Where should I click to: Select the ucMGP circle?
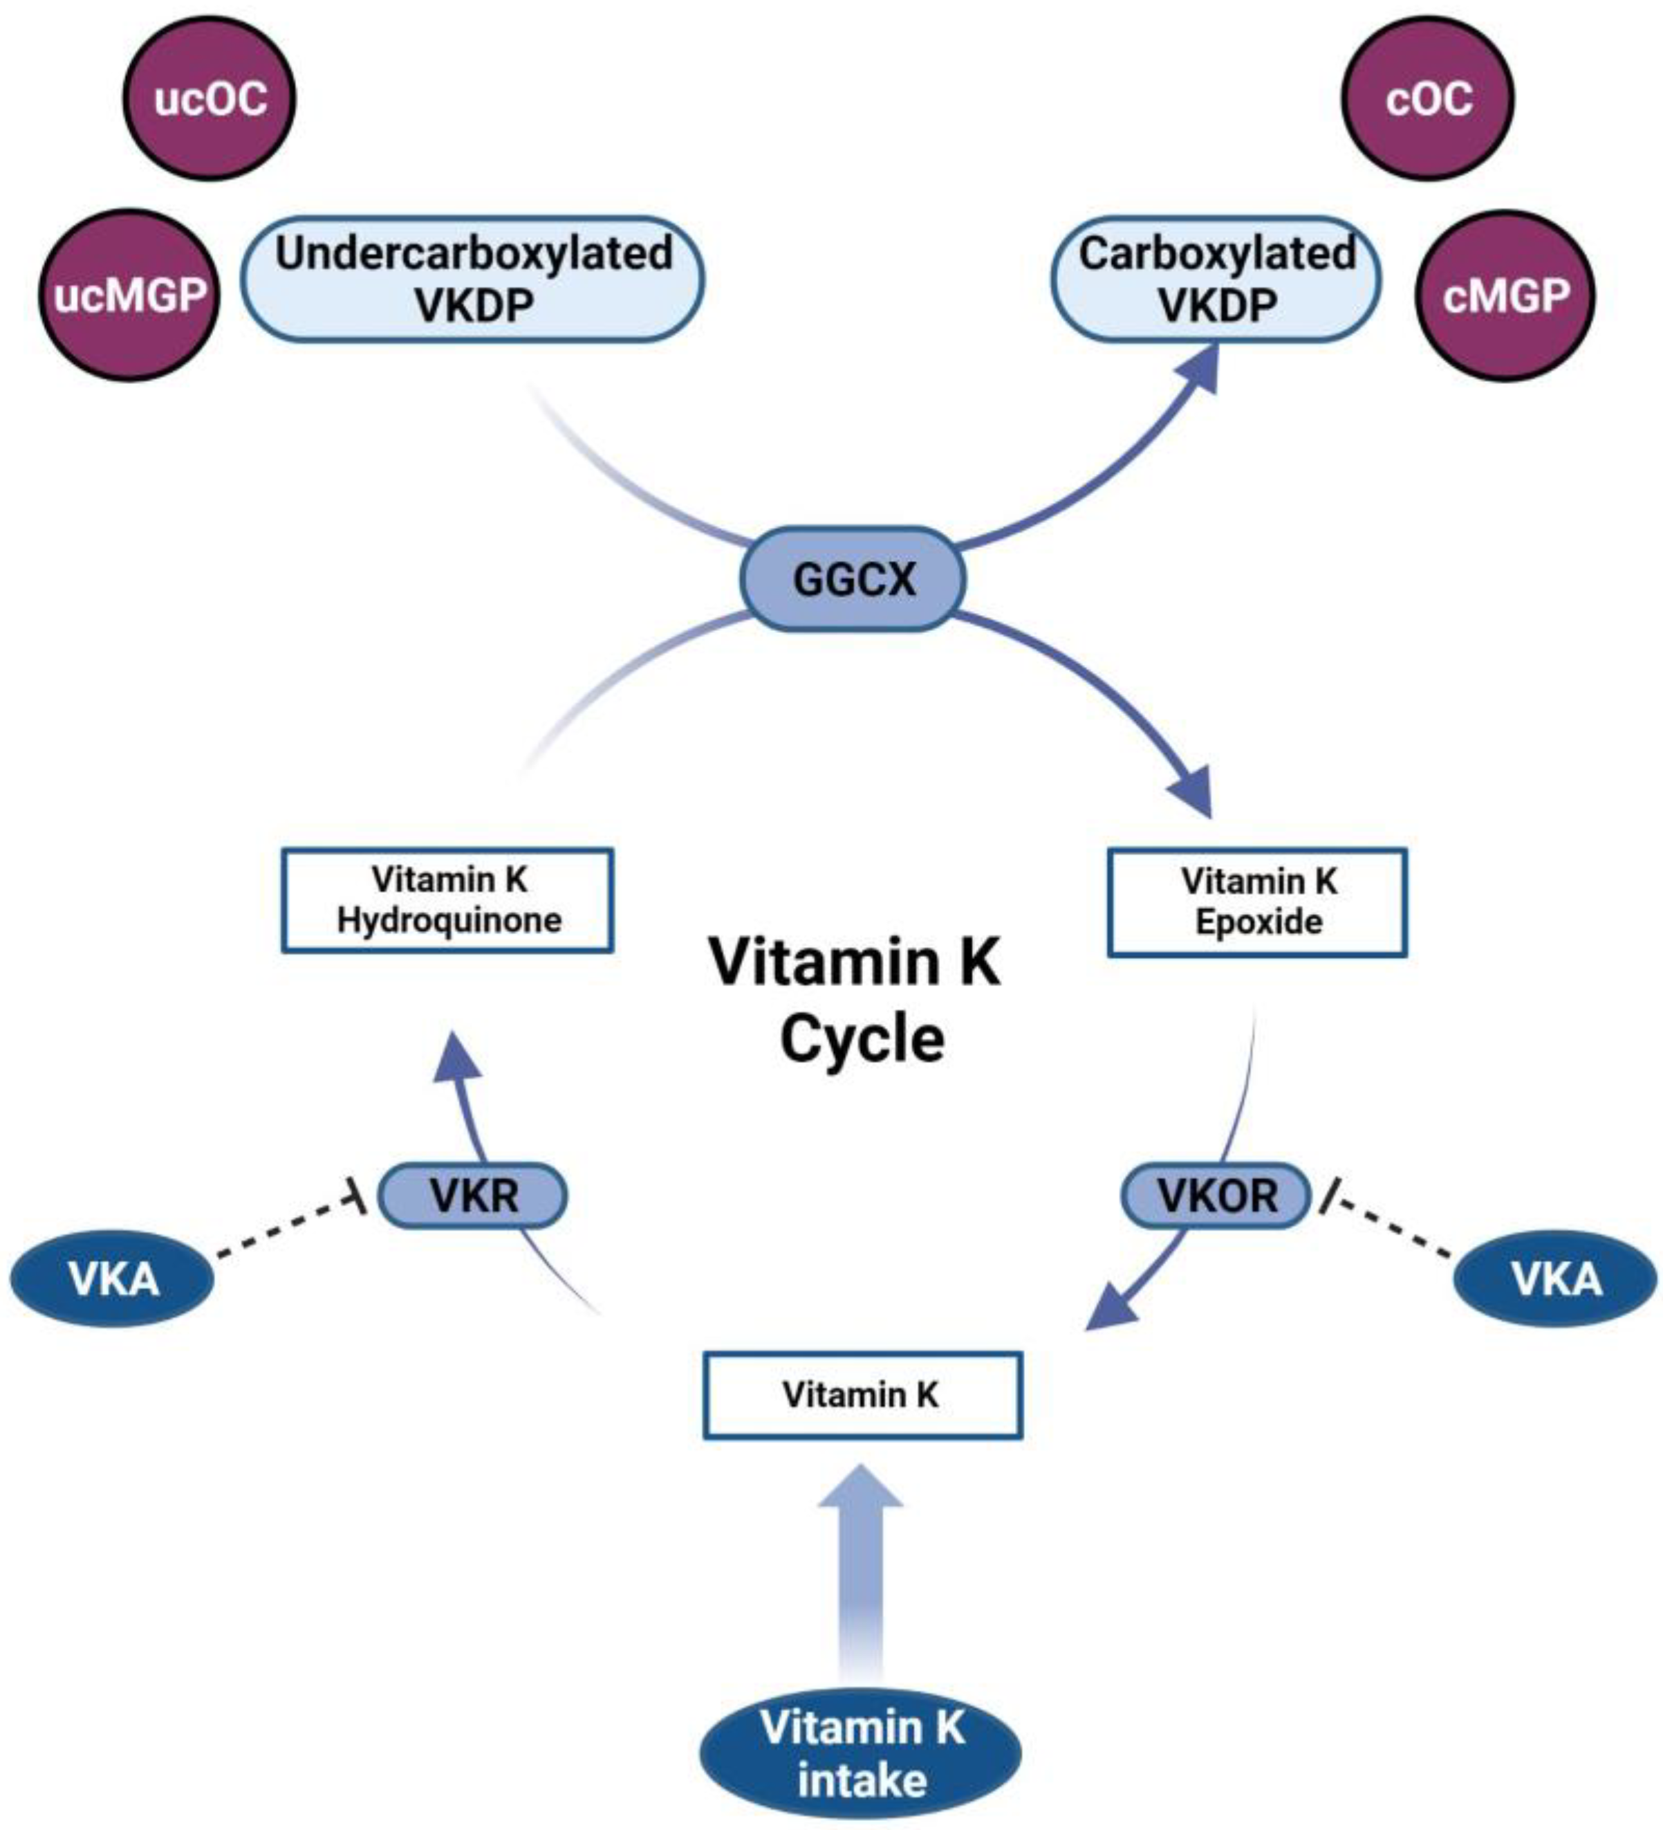pos(129,295)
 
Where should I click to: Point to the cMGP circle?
pos(1505,295)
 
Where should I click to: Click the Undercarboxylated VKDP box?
pos(473,279)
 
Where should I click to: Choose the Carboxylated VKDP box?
pos(1216,279)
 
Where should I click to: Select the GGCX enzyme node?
pos(853,579)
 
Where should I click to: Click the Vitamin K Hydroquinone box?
pos(447,901)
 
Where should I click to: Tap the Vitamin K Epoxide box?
pos(1258,902)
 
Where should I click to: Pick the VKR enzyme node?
pos(473,1195)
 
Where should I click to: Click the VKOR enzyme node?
pos(1216,1195)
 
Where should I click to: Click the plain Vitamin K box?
pos(862,1396)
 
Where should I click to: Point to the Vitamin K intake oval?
pos(860,1753)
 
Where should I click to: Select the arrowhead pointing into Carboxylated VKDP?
pos(1196,372)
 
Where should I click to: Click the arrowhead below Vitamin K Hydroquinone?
pos(456,1057)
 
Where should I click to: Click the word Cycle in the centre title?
pos(862,1039)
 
